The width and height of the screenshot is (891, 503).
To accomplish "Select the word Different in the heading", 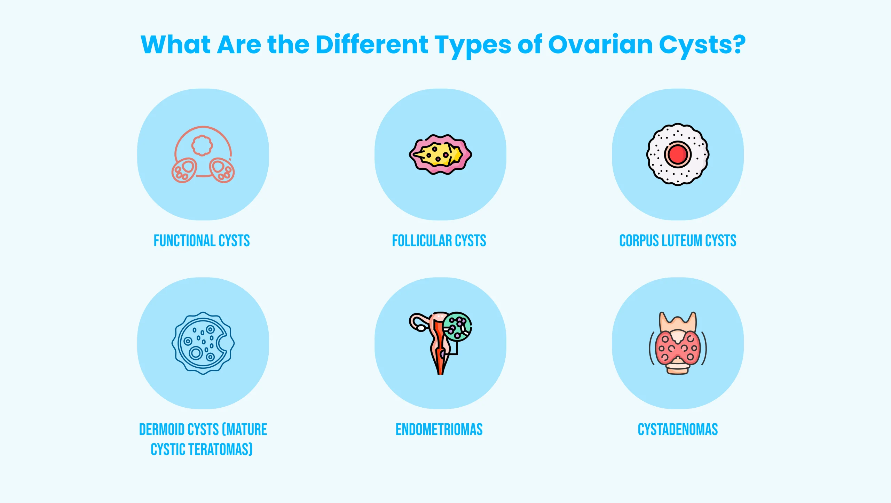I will coord(372,45).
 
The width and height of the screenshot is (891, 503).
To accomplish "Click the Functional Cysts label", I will coord(202,241).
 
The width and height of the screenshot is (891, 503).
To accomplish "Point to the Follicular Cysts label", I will coord(439,241).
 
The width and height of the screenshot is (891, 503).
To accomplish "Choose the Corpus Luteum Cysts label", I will coord(678,241).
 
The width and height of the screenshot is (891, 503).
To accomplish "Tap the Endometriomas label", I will coord(439,429).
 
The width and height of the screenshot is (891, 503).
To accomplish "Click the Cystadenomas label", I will coord(678,429).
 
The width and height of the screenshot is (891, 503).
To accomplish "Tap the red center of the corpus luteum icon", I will coord(677,154).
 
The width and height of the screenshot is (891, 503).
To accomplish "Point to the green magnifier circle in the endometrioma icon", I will coord(458,327).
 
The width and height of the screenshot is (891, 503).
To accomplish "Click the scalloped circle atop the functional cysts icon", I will coord(202,145).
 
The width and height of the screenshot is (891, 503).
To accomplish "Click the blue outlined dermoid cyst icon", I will coord(203,343).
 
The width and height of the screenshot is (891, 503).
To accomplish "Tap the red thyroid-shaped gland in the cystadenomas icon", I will coord(677,348).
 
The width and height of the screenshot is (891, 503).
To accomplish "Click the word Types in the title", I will coord(473,45).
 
